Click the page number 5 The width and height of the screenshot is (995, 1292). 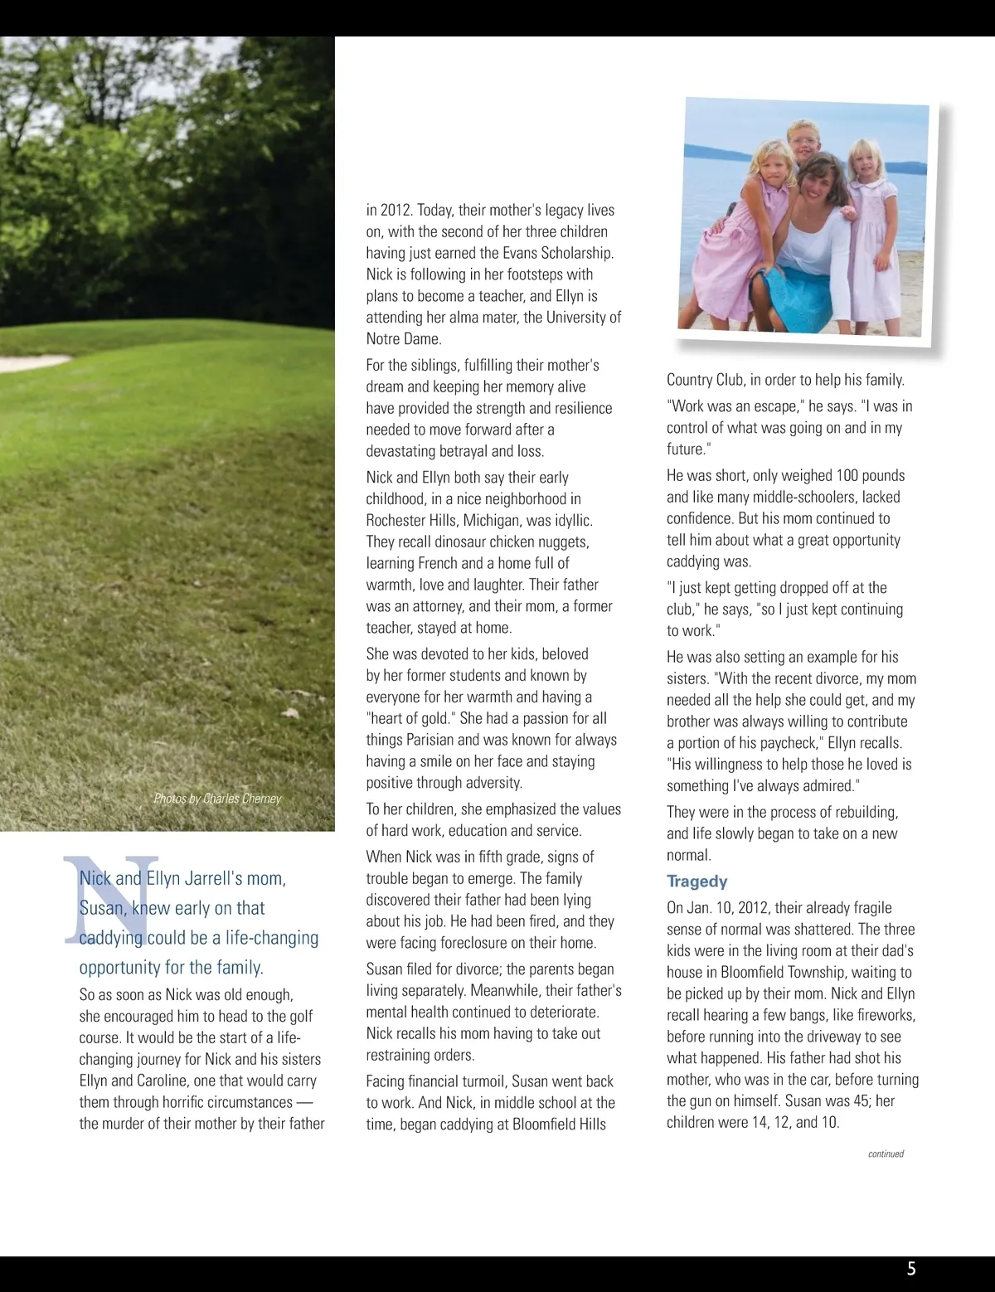tap(911, 1268)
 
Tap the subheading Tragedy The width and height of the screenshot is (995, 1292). tap(696, 882)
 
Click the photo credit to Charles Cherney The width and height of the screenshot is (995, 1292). tap(217, 799)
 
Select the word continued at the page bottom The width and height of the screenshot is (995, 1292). tap(886, 1154)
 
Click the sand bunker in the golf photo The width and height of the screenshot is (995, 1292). tap(29, 362)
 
